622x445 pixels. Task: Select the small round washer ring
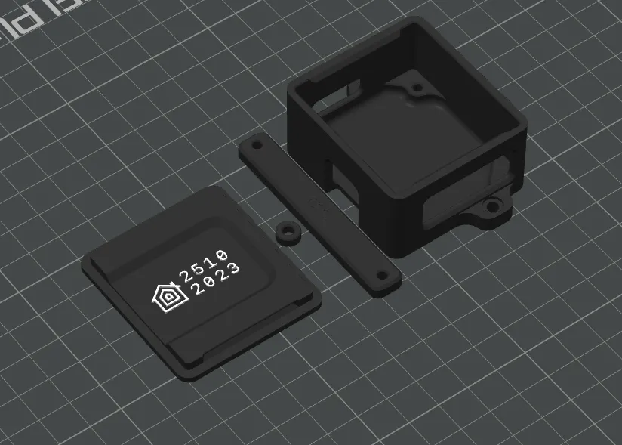pos(288,232)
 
